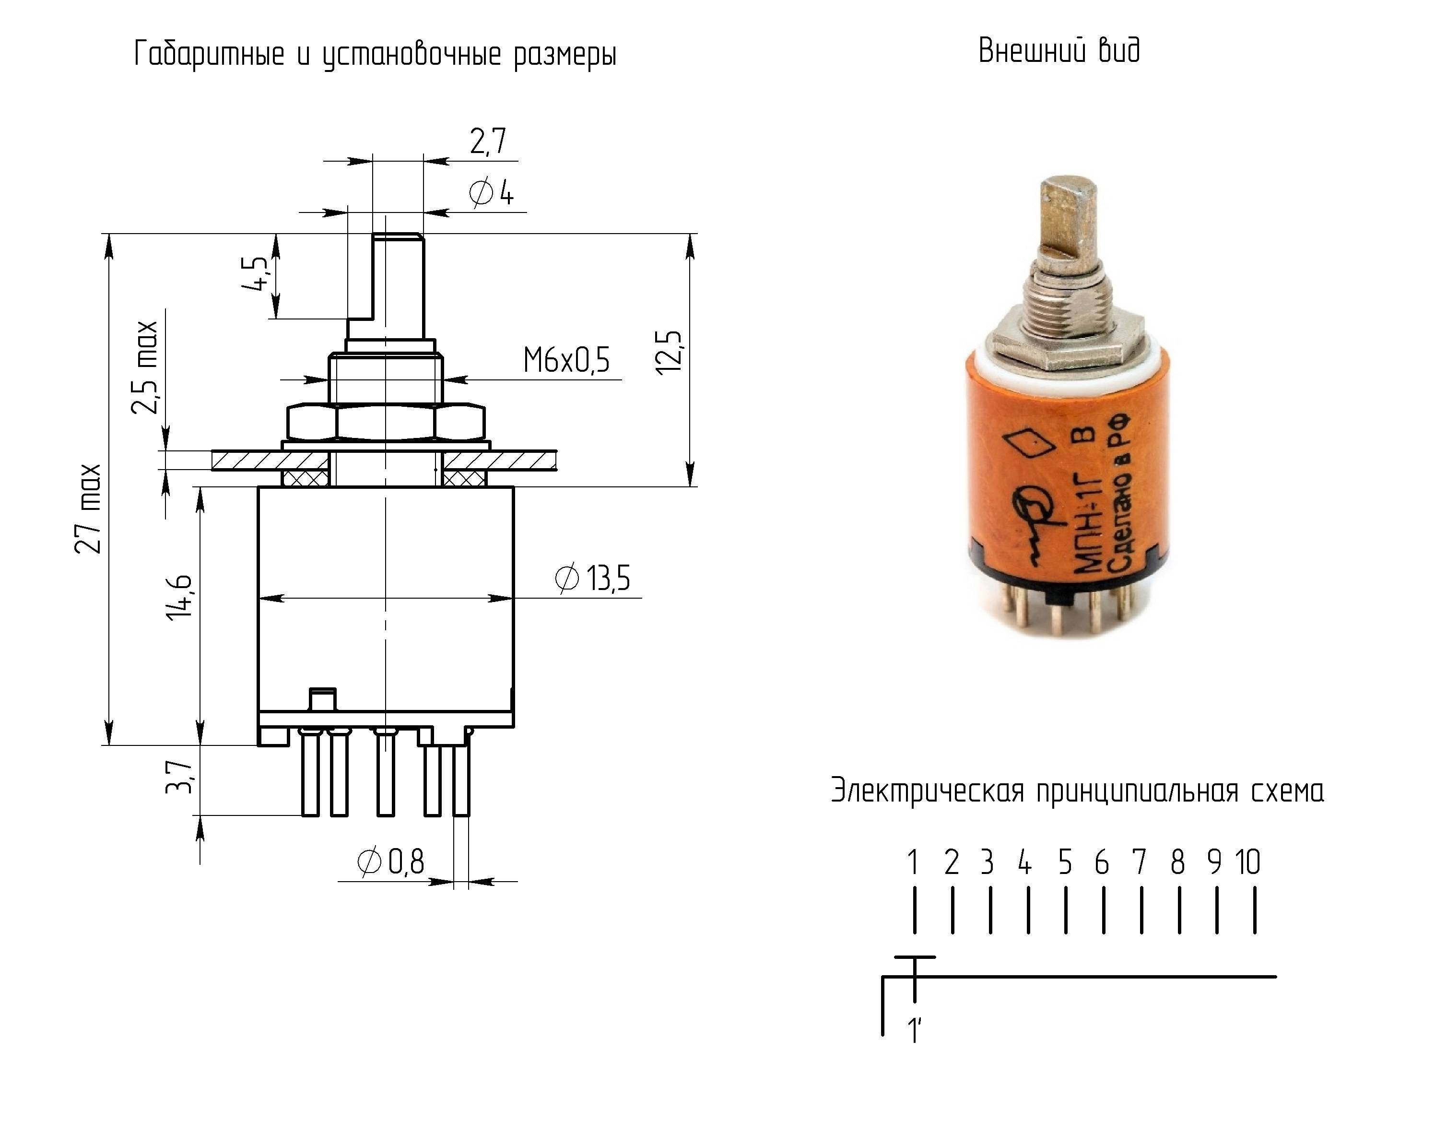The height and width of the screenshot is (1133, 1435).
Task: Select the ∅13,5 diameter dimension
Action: tap(592, 578)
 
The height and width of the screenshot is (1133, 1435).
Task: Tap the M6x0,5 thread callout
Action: tap(566, 360)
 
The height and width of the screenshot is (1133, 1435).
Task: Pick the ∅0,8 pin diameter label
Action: tap(390, 862)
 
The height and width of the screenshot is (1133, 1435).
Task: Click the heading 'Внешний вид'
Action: tap(1059, 50)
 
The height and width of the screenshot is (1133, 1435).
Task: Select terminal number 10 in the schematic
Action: tap(1247, 862)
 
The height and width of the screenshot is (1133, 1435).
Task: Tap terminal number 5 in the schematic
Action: tap(1065, 862)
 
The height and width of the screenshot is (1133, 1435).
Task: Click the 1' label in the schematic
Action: tap(915, 1031)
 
